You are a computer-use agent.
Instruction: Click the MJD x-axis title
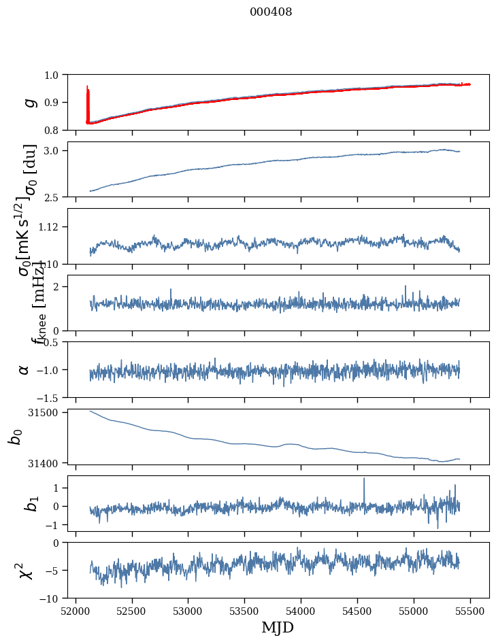point(278,627)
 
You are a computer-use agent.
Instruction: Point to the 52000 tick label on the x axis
point(76,611)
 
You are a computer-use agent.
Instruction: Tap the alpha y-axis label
point(24,369)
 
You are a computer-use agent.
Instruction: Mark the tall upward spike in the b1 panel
point(364,480)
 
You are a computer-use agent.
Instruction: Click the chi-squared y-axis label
point(26,571)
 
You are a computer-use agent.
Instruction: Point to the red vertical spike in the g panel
point(88,102)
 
